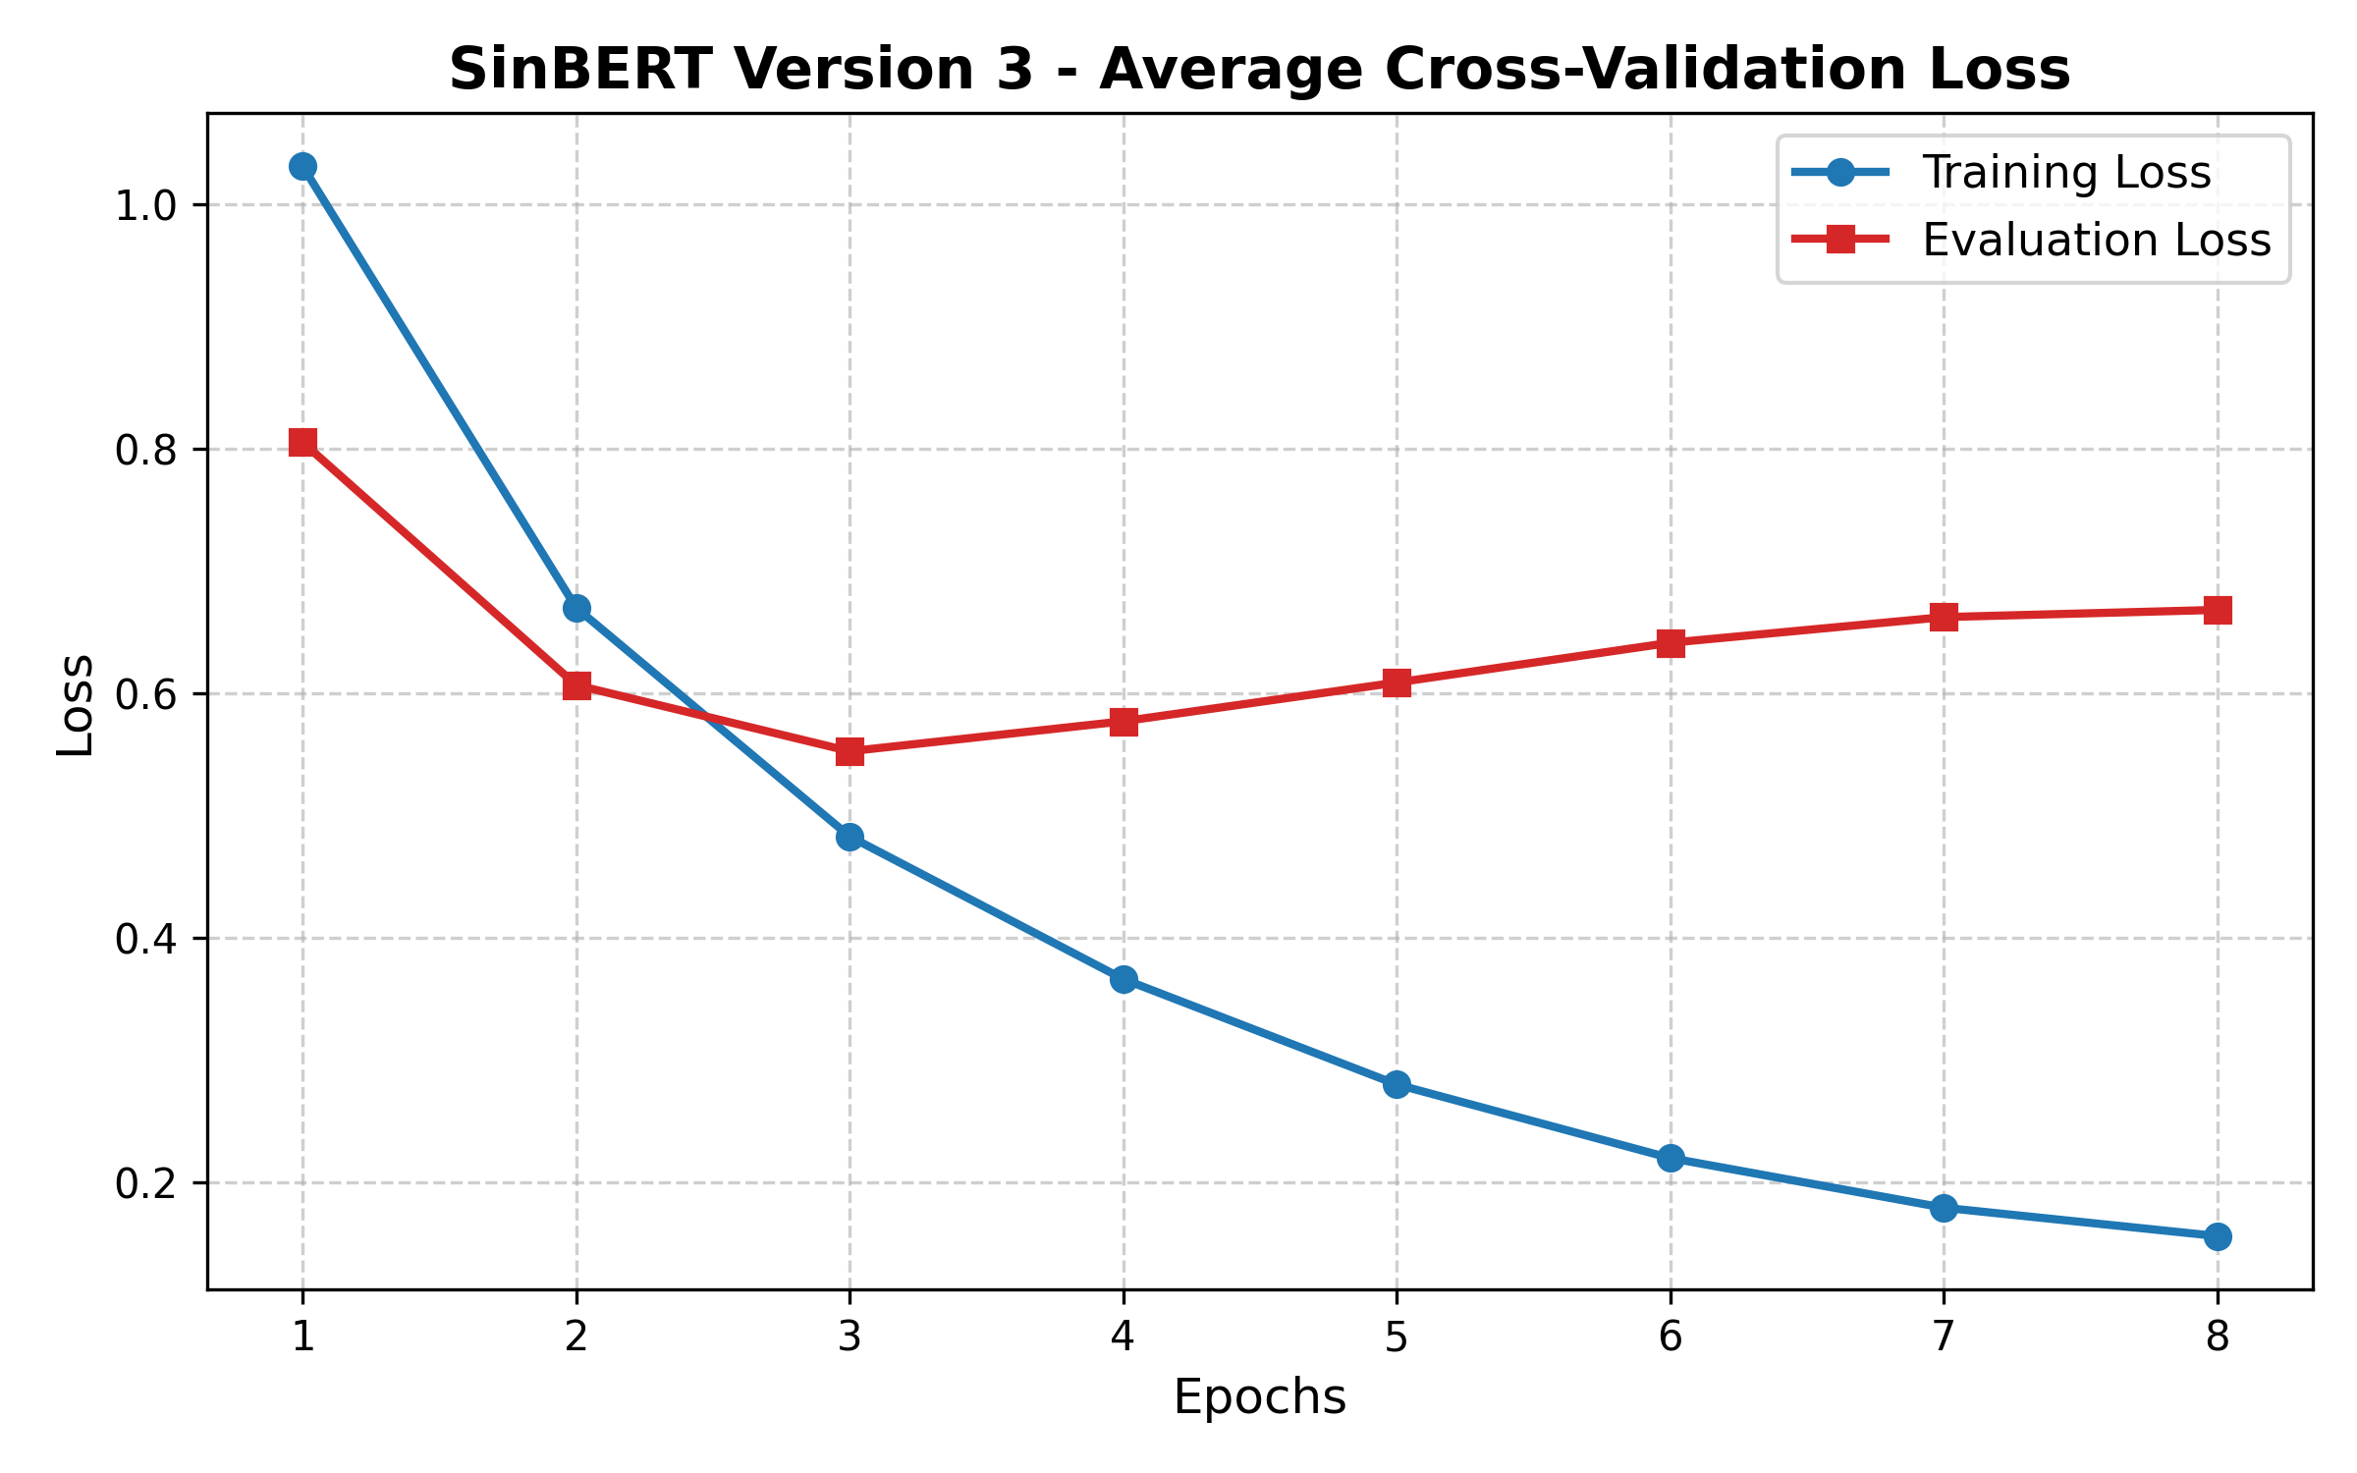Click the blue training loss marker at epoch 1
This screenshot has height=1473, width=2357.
coord(302,167)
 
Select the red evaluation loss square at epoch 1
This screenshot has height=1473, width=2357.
coord(302,443)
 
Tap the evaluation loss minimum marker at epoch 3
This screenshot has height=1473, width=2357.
coord(850,751)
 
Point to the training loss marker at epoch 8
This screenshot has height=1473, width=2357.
coord(2217,1236)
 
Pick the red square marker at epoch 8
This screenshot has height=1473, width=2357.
coord(2217,611)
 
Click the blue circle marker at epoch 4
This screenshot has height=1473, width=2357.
coord(1124,979)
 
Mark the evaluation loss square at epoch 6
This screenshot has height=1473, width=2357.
coord(1671,643)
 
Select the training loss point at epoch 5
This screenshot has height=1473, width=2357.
coord(1397,1084)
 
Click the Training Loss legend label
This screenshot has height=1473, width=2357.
coord(2066,173)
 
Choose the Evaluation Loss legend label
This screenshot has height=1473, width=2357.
coord(2096,241)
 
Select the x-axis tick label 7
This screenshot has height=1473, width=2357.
coord(1943,1337)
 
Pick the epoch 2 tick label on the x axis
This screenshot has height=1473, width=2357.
coord(576,1337)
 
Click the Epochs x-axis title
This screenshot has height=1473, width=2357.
coord(1259,1396)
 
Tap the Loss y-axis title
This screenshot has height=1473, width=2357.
coord(76,704)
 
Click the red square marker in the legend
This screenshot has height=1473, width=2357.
coord(1840,240)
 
